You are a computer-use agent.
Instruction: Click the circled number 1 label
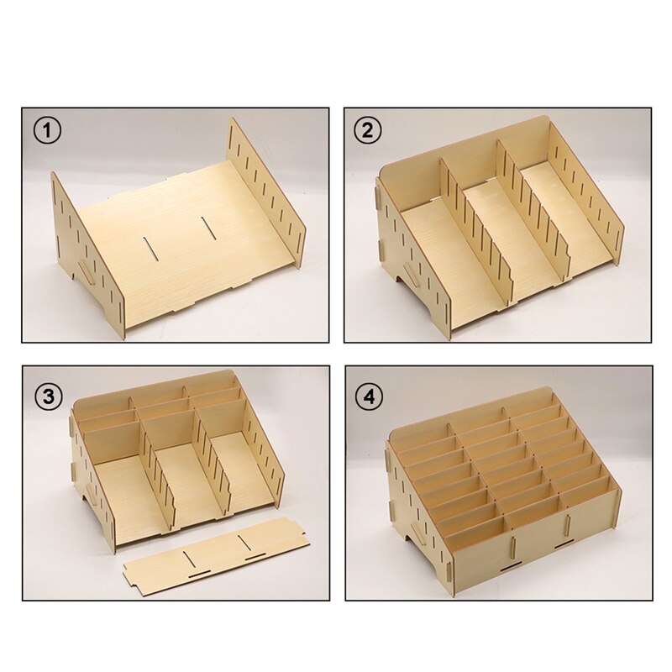[x=47, y=131]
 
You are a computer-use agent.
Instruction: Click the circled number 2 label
[x=368, y=131]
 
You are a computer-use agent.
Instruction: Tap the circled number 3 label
[x=49, y=396]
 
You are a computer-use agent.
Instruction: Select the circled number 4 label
[x=369, y=396]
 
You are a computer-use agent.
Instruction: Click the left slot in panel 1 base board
[x=151, y=248]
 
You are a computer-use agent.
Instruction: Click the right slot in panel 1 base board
[x=208, y=228]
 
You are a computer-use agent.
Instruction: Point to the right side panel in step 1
[x=266, y=193]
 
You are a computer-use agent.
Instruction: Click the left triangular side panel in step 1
[x=89, y=257]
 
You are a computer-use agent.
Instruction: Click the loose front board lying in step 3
[x=217, y=556]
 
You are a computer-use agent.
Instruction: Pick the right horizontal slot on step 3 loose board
[x=255, y=558]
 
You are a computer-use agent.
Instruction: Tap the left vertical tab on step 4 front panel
[x=512, y=549]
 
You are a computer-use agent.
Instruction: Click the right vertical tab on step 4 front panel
[x=568, y=524]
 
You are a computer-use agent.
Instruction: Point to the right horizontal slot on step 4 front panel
[x=564, y=545]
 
